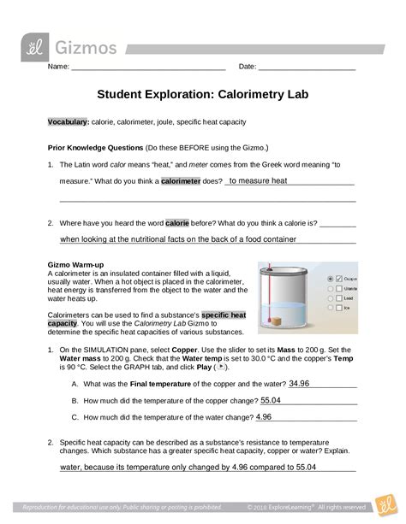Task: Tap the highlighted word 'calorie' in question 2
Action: click(201, 221)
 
